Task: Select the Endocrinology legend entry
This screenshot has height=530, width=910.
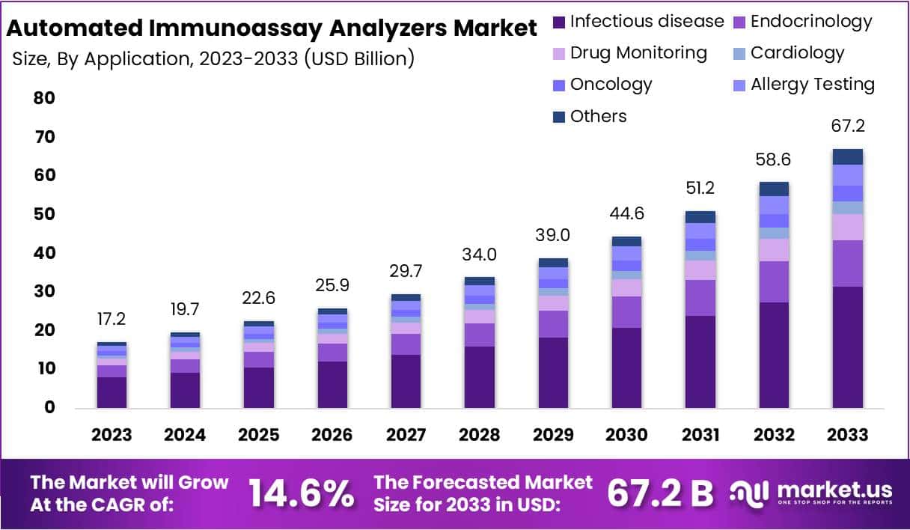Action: [801, 21]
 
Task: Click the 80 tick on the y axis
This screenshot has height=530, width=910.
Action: [44, 98]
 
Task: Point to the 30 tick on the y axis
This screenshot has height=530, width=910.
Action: [44, 291]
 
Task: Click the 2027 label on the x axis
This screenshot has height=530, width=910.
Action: [406, 435]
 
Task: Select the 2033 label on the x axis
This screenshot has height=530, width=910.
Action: [848, 435]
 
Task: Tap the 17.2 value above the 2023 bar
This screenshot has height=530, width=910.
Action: [112, 319]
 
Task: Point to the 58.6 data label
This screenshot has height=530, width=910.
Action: [774, 159]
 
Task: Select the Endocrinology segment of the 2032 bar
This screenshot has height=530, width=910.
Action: [774, 281]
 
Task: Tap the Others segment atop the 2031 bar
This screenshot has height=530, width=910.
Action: [700, 217]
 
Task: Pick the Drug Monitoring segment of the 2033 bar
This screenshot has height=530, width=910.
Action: [848, 227]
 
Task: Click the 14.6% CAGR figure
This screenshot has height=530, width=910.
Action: [302, 494]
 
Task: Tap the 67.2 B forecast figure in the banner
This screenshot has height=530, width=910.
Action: [660, 494]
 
